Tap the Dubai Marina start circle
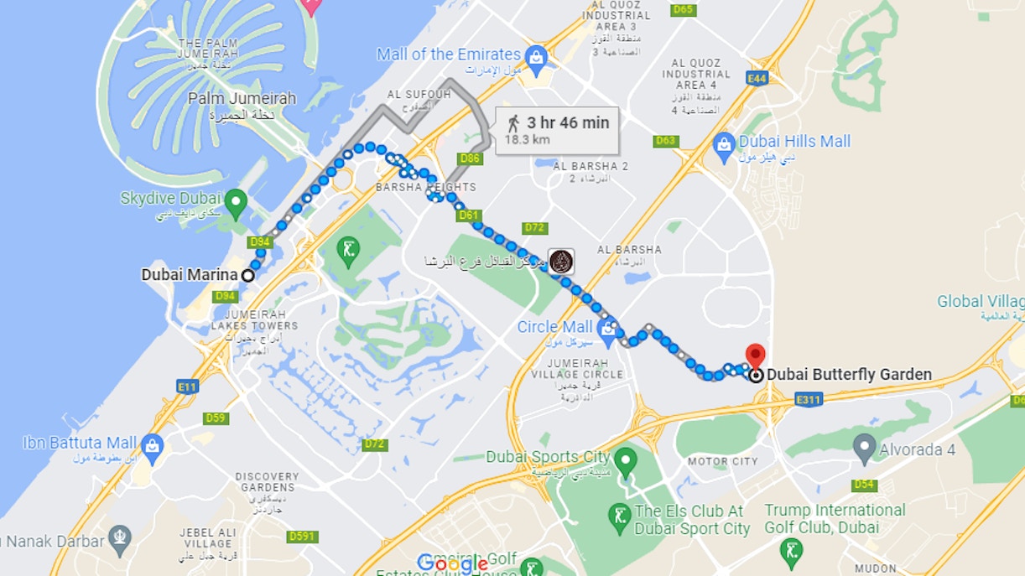click(x=248, y=275)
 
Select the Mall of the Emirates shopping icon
click(x=536, y=56)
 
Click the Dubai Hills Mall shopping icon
click(x=723, y=143)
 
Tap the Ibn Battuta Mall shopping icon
click(x=152, y=444)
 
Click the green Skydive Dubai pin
click(x=236, y=200)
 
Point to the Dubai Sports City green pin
click(x=625, y=459)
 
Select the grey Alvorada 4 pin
click(x=864, y=447)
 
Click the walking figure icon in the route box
click(x=513, y=123)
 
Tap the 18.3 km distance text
click(x=528, y=140)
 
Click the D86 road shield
click(x=471, y=158)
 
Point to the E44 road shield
click(x=757, y=78)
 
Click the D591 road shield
click(x=302, y=537)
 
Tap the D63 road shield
click(x=666, y=141)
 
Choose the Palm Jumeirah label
click(x=242, y=99)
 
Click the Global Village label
click(x=980, y=302)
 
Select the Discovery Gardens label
click(x=268, y=481)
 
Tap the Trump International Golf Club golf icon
click(x=791, y=551)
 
